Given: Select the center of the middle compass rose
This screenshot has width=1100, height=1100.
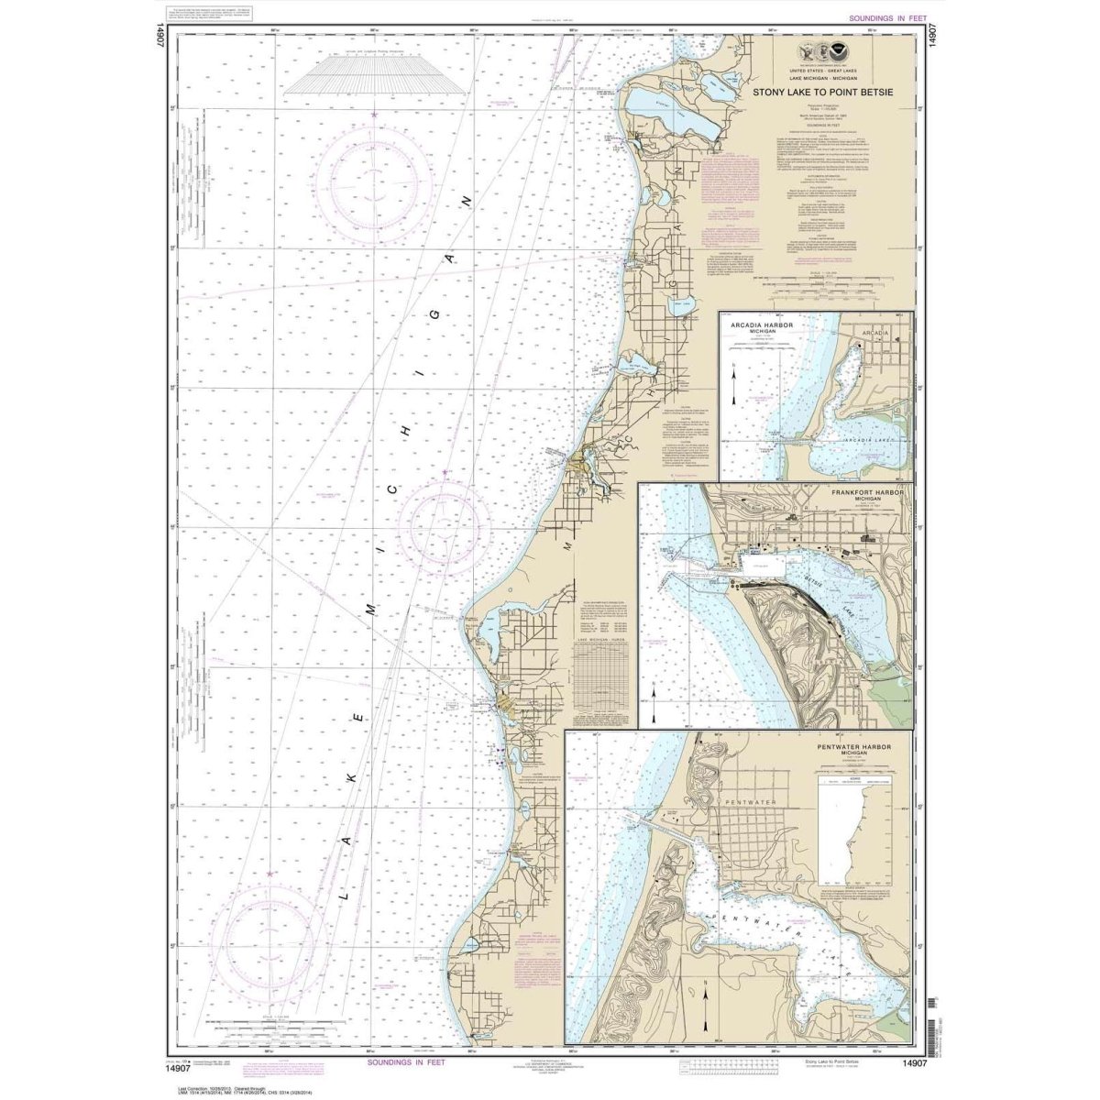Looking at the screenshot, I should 445,522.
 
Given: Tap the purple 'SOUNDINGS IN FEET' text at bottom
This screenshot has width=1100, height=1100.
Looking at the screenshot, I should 412,1062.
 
